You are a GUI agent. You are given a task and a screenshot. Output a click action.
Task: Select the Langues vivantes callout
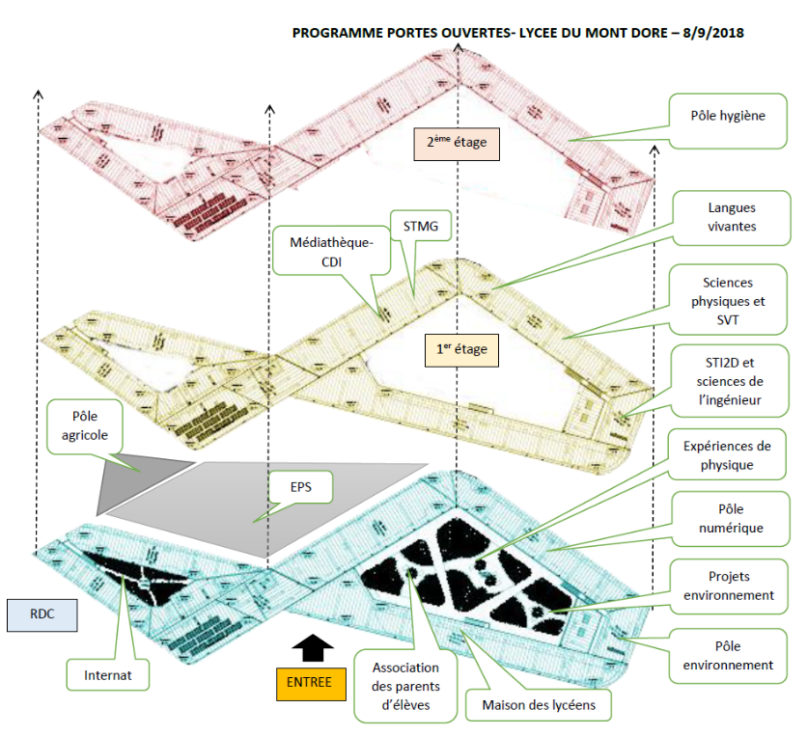[729, 217]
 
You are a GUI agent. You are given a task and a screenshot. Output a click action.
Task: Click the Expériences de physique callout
[729, 455]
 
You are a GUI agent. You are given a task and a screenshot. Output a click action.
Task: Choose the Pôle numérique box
[729, 518]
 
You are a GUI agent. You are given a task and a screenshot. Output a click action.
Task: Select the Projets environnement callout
[729, 586]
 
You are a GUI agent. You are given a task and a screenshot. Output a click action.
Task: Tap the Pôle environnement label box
[729, 655]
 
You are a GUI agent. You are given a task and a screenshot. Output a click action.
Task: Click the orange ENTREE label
[309, 682]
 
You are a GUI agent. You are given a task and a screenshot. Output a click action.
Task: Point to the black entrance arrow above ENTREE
[310, 646]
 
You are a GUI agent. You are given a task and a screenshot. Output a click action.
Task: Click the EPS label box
[299, 487]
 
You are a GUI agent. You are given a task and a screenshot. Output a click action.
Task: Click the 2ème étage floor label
[456, 144]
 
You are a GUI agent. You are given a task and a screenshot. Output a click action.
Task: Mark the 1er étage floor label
[460, 349]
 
